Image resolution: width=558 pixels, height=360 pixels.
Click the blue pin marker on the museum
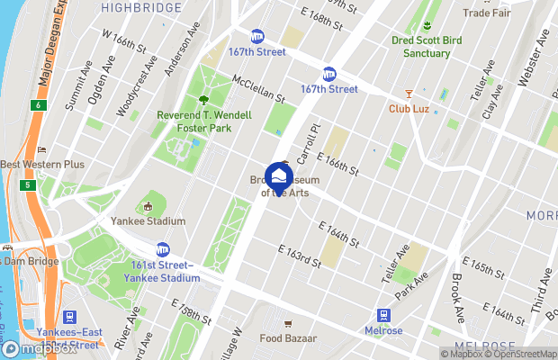279,176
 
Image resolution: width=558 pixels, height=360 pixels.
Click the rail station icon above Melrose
384,316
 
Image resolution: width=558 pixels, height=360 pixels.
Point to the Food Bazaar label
287,338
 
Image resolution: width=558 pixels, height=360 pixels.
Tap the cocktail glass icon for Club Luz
408,93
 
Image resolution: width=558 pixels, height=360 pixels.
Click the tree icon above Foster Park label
203,100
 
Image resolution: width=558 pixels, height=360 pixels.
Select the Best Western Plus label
42,165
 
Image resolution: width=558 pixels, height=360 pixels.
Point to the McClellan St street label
258,88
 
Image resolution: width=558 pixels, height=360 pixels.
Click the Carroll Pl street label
308,144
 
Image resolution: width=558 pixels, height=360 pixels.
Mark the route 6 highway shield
37,105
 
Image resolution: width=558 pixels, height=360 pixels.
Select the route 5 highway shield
29,184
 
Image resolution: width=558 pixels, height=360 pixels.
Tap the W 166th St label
123,41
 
